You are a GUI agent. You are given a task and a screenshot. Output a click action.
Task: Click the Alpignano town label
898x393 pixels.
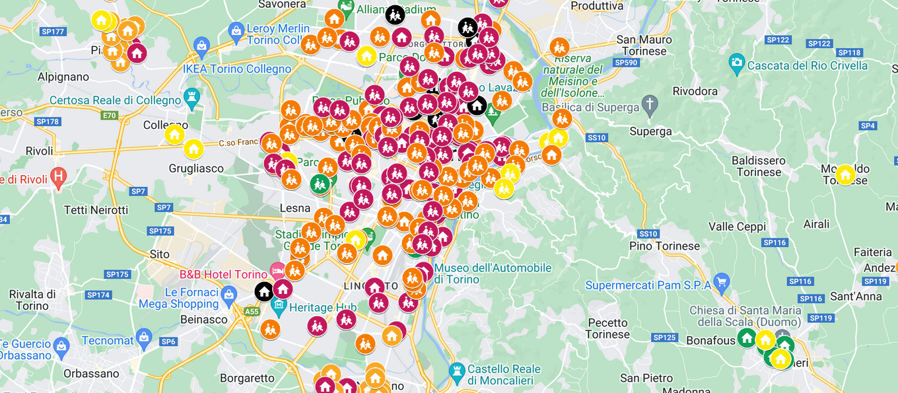[63, 77]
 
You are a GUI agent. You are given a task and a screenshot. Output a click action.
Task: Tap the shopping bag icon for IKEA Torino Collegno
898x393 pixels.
[201, 44]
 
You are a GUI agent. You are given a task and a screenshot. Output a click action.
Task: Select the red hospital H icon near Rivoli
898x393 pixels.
[59, 176]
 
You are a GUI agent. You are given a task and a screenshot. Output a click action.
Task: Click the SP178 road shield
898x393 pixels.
[48, 122]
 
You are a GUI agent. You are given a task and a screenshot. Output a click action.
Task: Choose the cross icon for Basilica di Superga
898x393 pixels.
[650, 103]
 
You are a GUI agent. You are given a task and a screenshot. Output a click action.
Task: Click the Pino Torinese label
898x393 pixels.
[664, 246]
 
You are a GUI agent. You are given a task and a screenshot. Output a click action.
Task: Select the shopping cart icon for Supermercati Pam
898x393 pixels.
[721, 281]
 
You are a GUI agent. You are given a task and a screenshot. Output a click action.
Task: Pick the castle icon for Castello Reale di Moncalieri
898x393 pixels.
[456, 371]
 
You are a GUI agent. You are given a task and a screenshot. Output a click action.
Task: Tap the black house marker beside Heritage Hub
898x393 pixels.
[264, 291]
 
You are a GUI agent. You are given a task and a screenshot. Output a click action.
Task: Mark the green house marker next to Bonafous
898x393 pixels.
[746, 338]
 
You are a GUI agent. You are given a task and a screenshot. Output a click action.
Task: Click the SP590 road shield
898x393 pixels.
[625, 62]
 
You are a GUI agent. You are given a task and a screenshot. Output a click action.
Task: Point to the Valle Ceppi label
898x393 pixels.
[737, 227]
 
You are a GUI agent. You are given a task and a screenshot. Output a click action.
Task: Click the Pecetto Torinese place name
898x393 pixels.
[607, 328]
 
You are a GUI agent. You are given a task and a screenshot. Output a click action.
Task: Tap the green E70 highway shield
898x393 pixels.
[109, 116]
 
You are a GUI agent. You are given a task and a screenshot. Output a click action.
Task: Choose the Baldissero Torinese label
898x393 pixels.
[758, 166]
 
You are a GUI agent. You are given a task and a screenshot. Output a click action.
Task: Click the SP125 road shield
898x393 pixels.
[664, 338]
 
